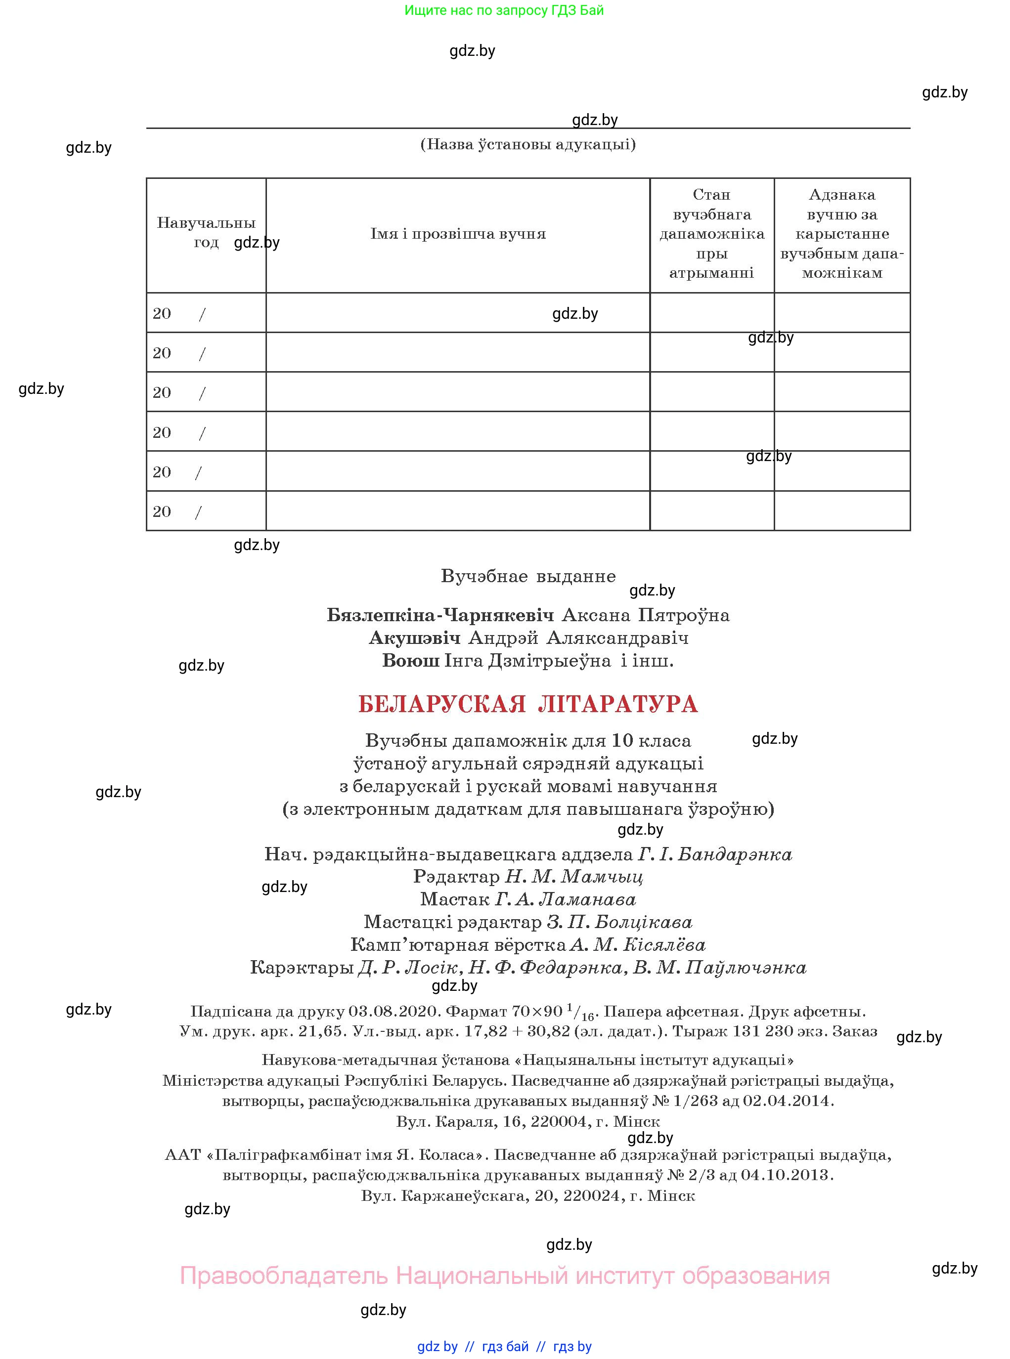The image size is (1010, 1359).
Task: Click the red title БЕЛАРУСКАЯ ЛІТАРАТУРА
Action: pyautogui.click(x=527, y=704)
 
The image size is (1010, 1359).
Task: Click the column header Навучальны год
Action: pyautogui.click(x=206, y=232)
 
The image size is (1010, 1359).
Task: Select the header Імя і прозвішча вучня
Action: pyautogui.click(x=458, y=234)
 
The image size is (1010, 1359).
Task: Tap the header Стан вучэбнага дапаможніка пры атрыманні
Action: pyautogui.click(x=711, y=234)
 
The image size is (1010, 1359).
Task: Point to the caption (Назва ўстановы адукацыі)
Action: pyautogui.click(x=527, y=145)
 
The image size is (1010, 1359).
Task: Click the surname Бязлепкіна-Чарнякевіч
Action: pyautogui.click(x=440, y=615)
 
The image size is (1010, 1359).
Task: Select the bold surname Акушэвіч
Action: pyautogui.click(x=414, y=638)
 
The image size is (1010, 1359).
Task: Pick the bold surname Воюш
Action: pyautogui.click(x=410, y=661)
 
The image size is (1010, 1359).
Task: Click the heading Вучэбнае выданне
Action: pyautogui.click(x=527, y=576)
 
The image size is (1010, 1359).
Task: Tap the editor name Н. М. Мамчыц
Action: pyautogui.click(x=573, y=877)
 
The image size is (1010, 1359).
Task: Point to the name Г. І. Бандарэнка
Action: pyautogui.click(x=715, y=854)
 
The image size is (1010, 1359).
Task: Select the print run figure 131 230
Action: pyautogui.click(x=767, y=1031)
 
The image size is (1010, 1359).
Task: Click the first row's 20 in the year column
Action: pyautogui.click(x=162, y=313)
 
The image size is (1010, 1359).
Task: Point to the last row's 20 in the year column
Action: pyautogui.click(x=162, y=511)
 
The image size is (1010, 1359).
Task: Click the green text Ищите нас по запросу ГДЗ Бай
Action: pyautogui.click(x=504, y=10)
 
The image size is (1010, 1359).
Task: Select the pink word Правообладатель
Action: pyautogui.click(x=284, y=1276)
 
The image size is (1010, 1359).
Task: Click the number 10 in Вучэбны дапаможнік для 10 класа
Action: pyautogui.click(x=622, y=741)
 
